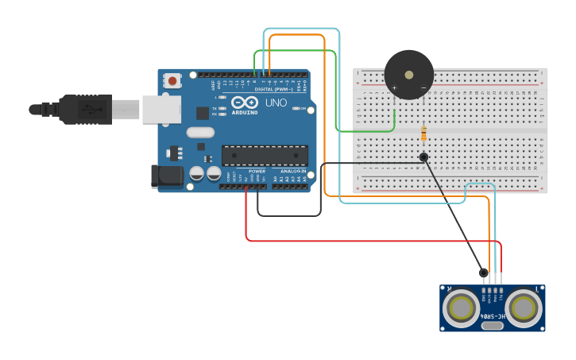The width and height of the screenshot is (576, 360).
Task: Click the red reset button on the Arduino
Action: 172,80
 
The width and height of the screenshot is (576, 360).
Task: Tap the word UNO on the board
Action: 276,103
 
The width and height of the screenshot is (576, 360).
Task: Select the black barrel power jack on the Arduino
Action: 167,176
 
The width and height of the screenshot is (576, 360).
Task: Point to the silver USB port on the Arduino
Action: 161,110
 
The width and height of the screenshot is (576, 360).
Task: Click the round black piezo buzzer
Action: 409,75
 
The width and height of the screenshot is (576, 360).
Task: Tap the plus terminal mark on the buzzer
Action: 394,87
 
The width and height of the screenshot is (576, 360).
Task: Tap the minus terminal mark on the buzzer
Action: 423,87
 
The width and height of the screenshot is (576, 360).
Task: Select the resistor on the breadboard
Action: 423,134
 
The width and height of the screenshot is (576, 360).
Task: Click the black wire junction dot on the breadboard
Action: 423,157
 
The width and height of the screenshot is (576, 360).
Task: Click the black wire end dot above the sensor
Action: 483,273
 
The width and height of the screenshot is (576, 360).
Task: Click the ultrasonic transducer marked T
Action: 524,307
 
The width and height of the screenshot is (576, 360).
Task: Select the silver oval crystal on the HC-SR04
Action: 493,325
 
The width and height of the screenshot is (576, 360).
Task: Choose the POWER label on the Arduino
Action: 257,171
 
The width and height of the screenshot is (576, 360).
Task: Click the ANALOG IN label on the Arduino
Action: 292,171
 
